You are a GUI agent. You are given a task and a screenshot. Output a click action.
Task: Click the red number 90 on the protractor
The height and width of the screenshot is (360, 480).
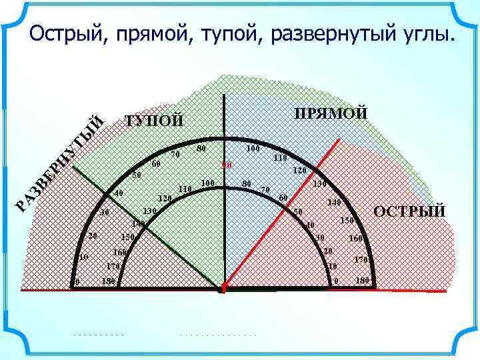tap(227, 165)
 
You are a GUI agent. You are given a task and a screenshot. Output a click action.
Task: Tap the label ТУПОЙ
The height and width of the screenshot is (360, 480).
tap(154, 121)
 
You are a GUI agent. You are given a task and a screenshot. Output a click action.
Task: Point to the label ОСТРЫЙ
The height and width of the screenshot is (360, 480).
tap(409, 212)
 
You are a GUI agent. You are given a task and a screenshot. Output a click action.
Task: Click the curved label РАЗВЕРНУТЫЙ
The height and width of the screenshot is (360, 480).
tap(60, 164)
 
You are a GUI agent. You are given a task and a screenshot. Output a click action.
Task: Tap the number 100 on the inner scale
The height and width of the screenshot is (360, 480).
tap(208, 183)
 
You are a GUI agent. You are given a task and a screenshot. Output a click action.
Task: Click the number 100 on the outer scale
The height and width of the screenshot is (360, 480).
tap(253, 147)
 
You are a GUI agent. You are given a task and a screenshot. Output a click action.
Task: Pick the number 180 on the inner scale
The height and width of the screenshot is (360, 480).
tap(109, 281)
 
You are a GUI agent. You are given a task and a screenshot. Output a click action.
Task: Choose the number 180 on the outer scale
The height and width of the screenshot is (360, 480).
tap(363, 280)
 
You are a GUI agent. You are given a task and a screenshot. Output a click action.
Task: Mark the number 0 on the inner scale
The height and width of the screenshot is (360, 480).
tap(336, 281)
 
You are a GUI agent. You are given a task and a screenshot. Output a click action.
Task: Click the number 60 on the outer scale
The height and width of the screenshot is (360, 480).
tap(156, 164)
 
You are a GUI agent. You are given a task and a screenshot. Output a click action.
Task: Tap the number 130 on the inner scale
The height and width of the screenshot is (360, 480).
tap(149, 211)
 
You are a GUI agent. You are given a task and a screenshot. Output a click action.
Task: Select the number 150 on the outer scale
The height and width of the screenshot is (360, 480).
tap(347, 220)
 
